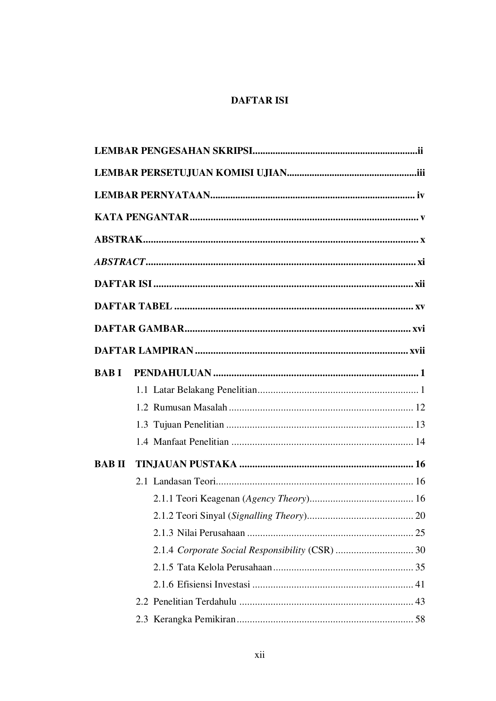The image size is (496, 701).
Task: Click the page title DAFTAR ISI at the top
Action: pos(259,100)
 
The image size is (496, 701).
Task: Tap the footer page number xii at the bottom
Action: pos(260,655)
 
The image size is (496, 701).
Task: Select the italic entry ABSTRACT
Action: pos(120,262)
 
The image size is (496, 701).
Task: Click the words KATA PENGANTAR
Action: pos(141,217)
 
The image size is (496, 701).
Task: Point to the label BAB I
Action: pos(108,373)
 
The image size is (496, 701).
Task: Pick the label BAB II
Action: pos(110,464)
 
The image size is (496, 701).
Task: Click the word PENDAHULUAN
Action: pos(172,373)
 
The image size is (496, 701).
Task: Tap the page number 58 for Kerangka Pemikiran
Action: pos(420,619)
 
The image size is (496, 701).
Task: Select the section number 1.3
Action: pos(142,425)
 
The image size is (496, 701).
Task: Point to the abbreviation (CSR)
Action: pos(321,550)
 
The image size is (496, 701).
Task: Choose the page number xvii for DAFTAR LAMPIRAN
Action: pos(417,351)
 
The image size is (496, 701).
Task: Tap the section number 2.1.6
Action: pos(163,585)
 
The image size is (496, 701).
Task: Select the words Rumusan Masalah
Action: pos(190,408)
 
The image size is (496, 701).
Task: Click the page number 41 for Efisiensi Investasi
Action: pos(420,585)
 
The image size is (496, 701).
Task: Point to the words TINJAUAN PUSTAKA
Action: pos(186,464)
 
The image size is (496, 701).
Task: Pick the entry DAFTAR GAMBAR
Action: pos(139,329)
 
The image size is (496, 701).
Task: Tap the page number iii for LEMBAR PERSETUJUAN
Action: pos(420,173)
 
